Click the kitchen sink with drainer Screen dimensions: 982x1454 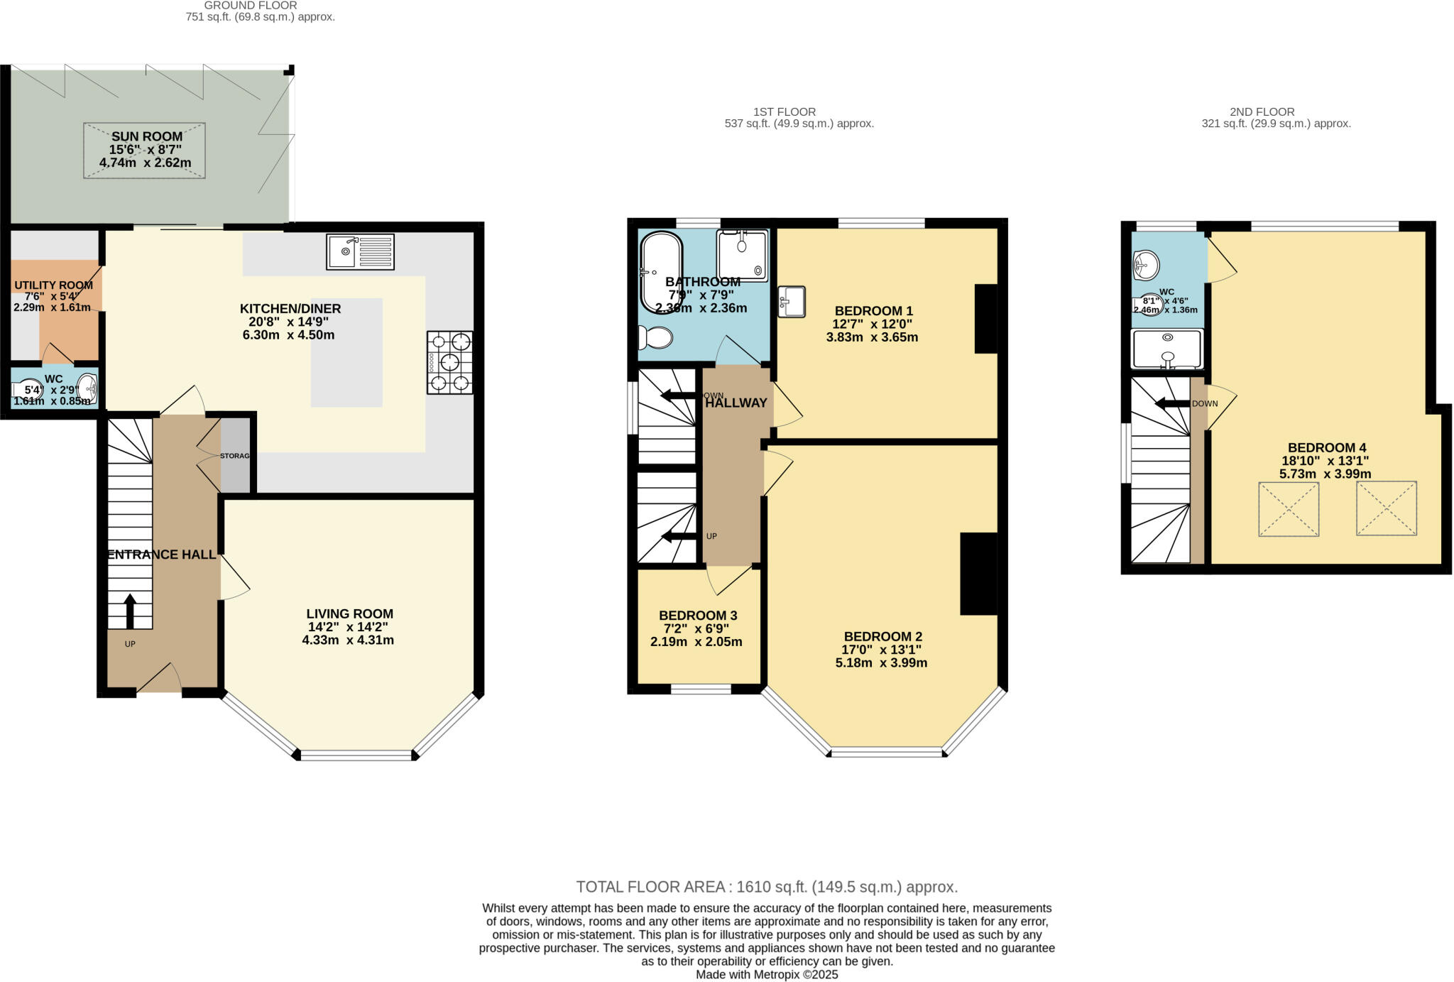(360, 252)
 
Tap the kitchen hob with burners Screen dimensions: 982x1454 (449, 363)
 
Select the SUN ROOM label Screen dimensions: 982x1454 (146, 136)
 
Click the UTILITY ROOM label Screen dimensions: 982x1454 (54, 285)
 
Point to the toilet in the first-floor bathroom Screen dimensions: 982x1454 (655, 338)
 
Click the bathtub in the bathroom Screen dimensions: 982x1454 (661, 272)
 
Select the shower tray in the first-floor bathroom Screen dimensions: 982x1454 (742, 255)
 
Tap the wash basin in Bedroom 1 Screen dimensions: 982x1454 (792, 301)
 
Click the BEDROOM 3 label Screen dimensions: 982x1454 (698, 616)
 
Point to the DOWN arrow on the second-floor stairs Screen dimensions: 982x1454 (1171, 404)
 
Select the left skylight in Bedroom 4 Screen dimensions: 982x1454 (1289, 509)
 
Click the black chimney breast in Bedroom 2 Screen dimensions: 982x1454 (979, 573)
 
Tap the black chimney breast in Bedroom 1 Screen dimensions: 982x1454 (986, 318)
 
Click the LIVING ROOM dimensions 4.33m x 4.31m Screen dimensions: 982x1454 (348, 640)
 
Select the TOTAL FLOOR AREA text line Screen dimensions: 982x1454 (767, 887)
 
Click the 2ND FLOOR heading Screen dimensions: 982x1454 (1262, 111)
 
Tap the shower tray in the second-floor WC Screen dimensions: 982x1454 (1167, 349)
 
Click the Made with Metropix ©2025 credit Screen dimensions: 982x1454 (767, 975)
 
